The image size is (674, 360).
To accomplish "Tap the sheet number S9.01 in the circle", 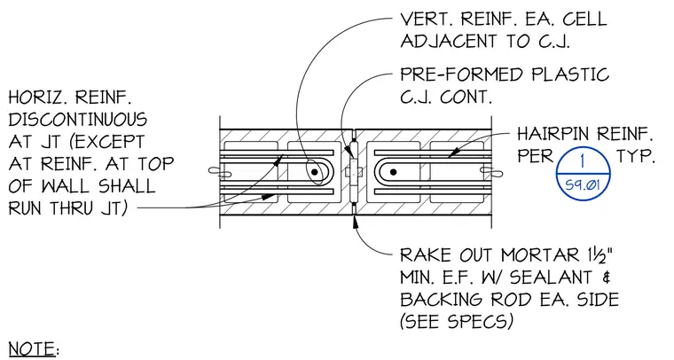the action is pyautogui.click(x=583, y=185).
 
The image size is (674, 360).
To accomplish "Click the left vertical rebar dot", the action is pyautogui.click(x=315, y=172).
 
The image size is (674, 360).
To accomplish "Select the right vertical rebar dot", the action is pyautogui.click(x=393, y=172).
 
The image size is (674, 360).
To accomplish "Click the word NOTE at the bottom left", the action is pyautogui.click(x=31, y=348).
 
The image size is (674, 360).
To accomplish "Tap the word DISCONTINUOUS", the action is pyautogui.click(x=77, y=120).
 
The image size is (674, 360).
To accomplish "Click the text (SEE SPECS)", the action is pyautogui.click(x=457, y=321).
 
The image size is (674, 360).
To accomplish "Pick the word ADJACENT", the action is pyautogui.click(x=449, y=42).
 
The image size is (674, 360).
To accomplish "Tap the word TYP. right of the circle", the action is pyautogui.click(x=636, y=156).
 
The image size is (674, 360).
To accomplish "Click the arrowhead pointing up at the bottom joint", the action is pyautogui.click(x=355, y=222).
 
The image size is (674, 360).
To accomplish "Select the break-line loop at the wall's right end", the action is pyautogui.click(x=491, y=172).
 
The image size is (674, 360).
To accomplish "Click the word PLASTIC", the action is pyautogui.click(x=570, y=74).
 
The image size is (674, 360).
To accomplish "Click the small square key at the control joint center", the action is pyautogui.click(x=353, y=172).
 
